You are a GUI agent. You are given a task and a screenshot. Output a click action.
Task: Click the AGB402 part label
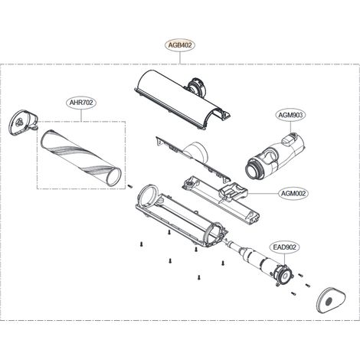click(x=180, y=45)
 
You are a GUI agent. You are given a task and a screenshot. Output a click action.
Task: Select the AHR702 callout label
click(x=81, y=103)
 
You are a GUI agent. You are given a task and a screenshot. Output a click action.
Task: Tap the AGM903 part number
click(x=290, y=115)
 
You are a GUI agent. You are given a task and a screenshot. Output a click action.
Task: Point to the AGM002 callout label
click(x=293, y=193)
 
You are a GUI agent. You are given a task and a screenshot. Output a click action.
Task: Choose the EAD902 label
click(x=284, y=247)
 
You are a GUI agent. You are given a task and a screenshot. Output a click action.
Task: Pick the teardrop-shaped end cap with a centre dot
click(x=330, y=299)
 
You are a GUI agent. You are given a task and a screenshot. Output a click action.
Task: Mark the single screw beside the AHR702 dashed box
click(x=130, y=185)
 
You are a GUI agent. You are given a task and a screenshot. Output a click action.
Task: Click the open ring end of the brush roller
click(x=114, y=176)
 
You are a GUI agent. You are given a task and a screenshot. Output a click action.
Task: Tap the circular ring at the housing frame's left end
click(x=147, y=195)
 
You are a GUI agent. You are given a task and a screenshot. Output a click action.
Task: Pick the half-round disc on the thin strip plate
click(x=196, y=152)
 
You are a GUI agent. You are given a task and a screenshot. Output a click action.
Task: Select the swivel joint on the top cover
click(x=196, y=87)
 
